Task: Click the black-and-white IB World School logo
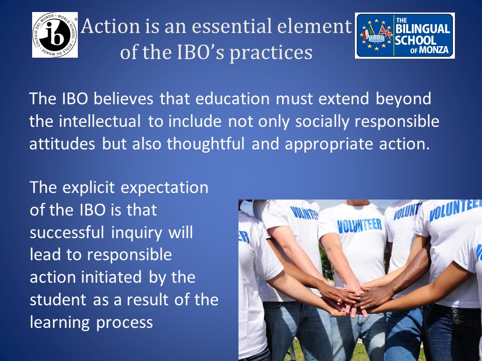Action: (55, 35)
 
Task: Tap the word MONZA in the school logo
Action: (434, 50)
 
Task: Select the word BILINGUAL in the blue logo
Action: (423, 29)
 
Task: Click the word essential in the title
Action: (232, 26)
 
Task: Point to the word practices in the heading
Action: (271, 53)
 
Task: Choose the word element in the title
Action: (314, 26)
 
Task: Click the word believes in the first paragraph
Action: (124, 99)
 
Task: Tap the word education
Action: (232, 99)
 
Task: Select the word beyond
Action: (403, 99)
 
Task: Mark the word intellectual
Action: (100, 121)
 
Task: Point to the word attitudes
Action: (62, 144)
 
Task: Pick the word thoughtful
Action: (206, 144)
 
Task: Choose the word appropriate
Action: (328, 144)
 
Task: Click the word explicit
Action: (88, 188)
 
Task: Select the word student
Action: (58, 300)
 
